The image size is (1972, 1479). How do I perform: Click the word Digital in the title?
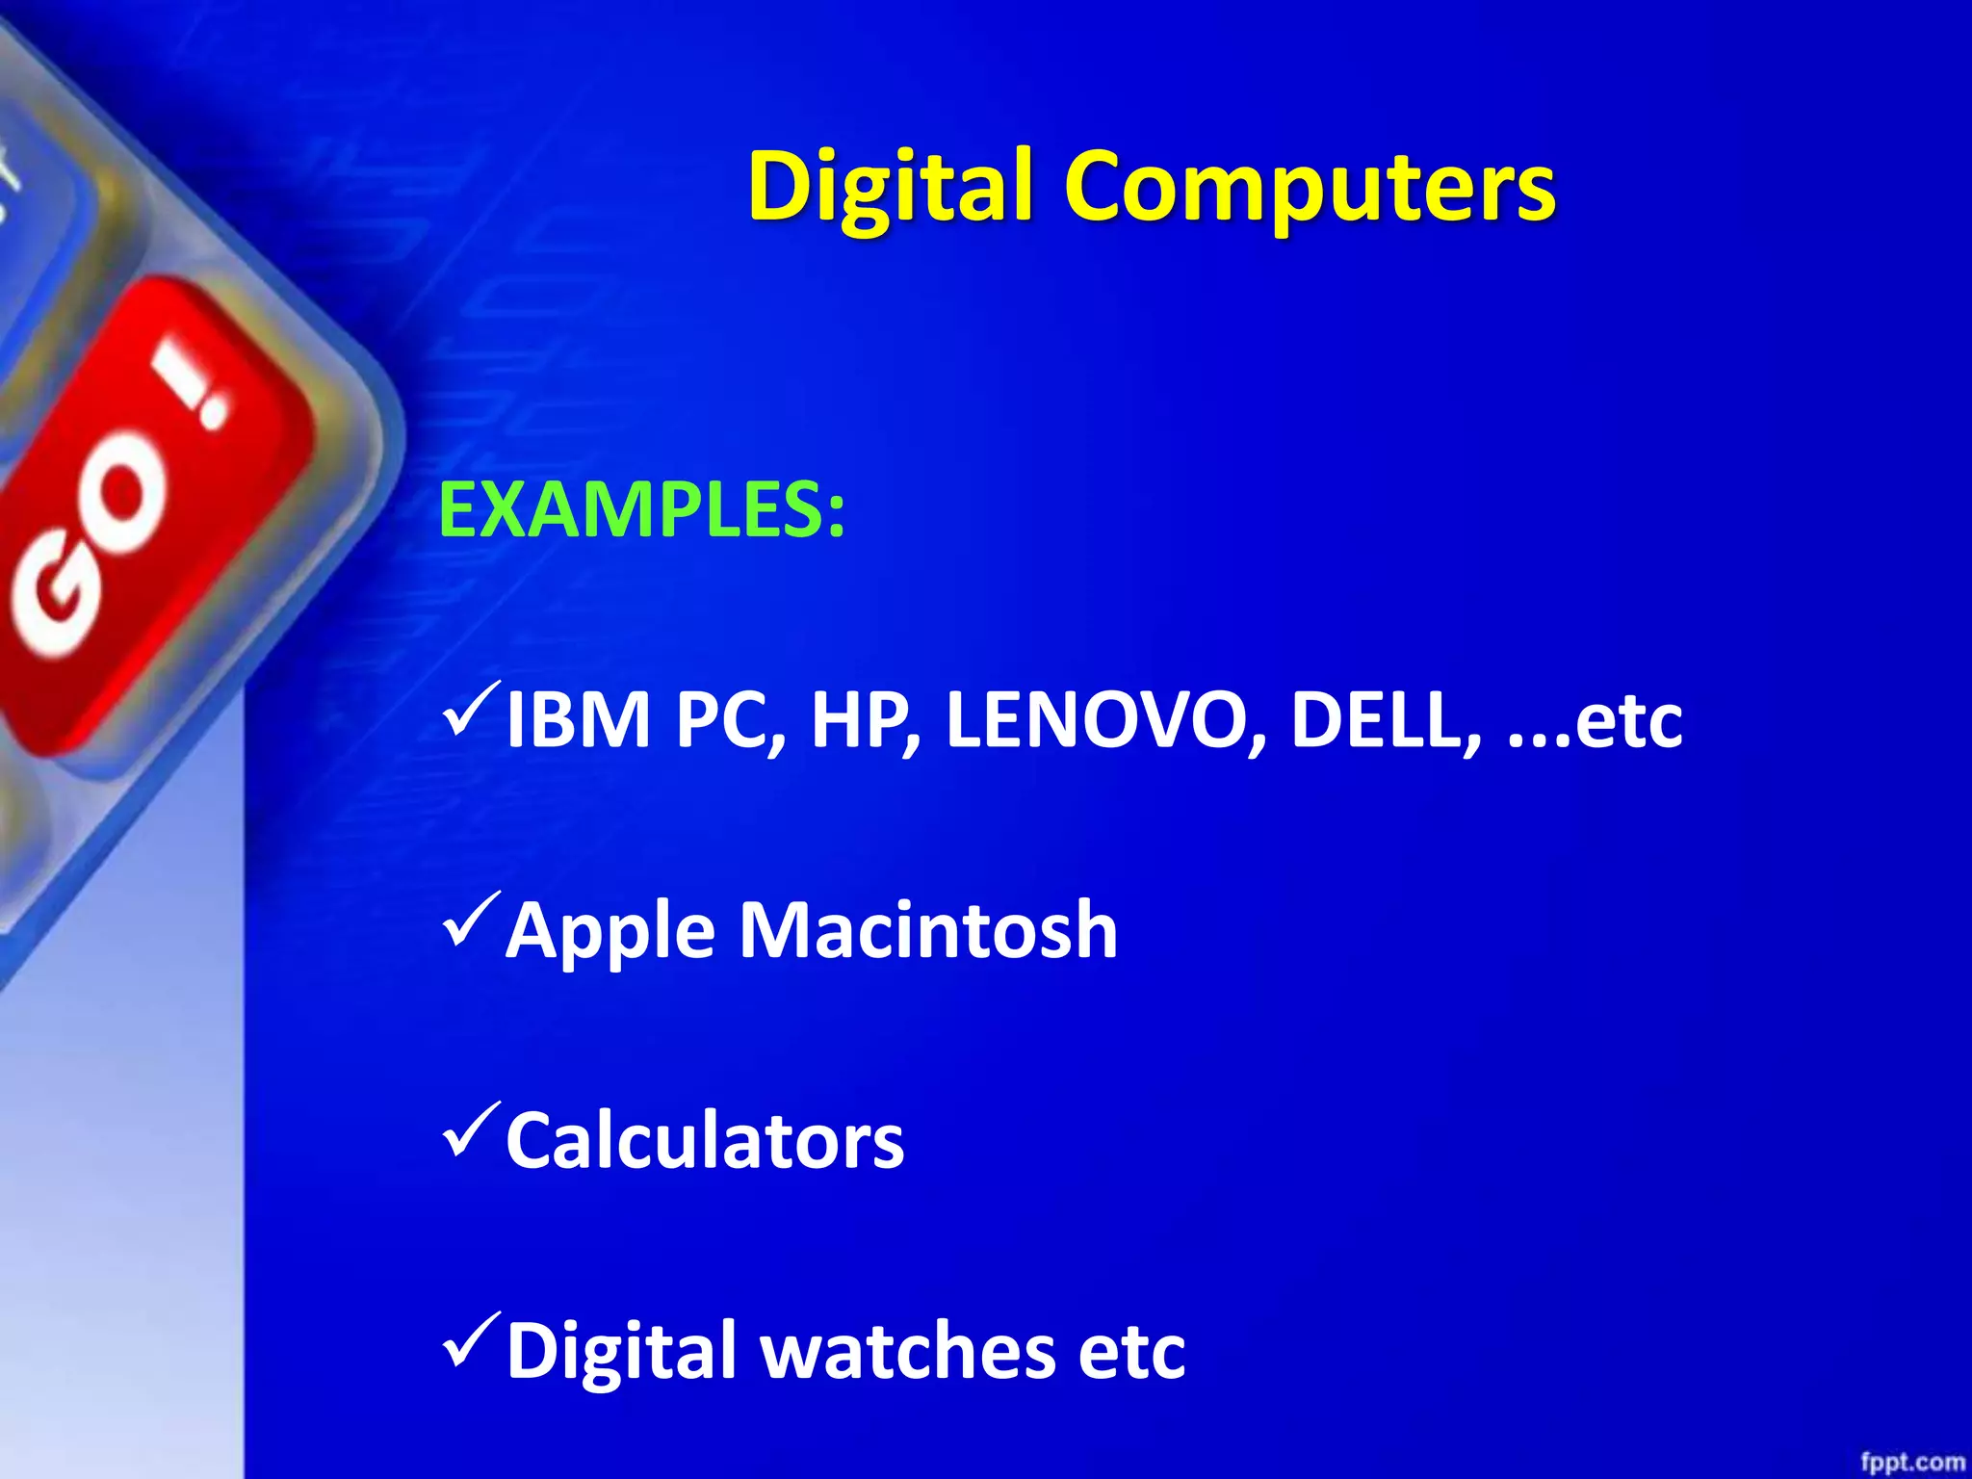891,187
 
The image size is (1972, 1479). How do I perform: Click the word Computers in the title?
1310,187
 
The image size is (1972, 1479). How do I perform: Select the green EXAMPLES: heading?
641,510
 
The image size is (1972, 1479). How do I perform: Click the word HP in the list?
863,719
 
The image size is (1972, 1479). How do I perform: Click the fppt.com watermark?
1911,1463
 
